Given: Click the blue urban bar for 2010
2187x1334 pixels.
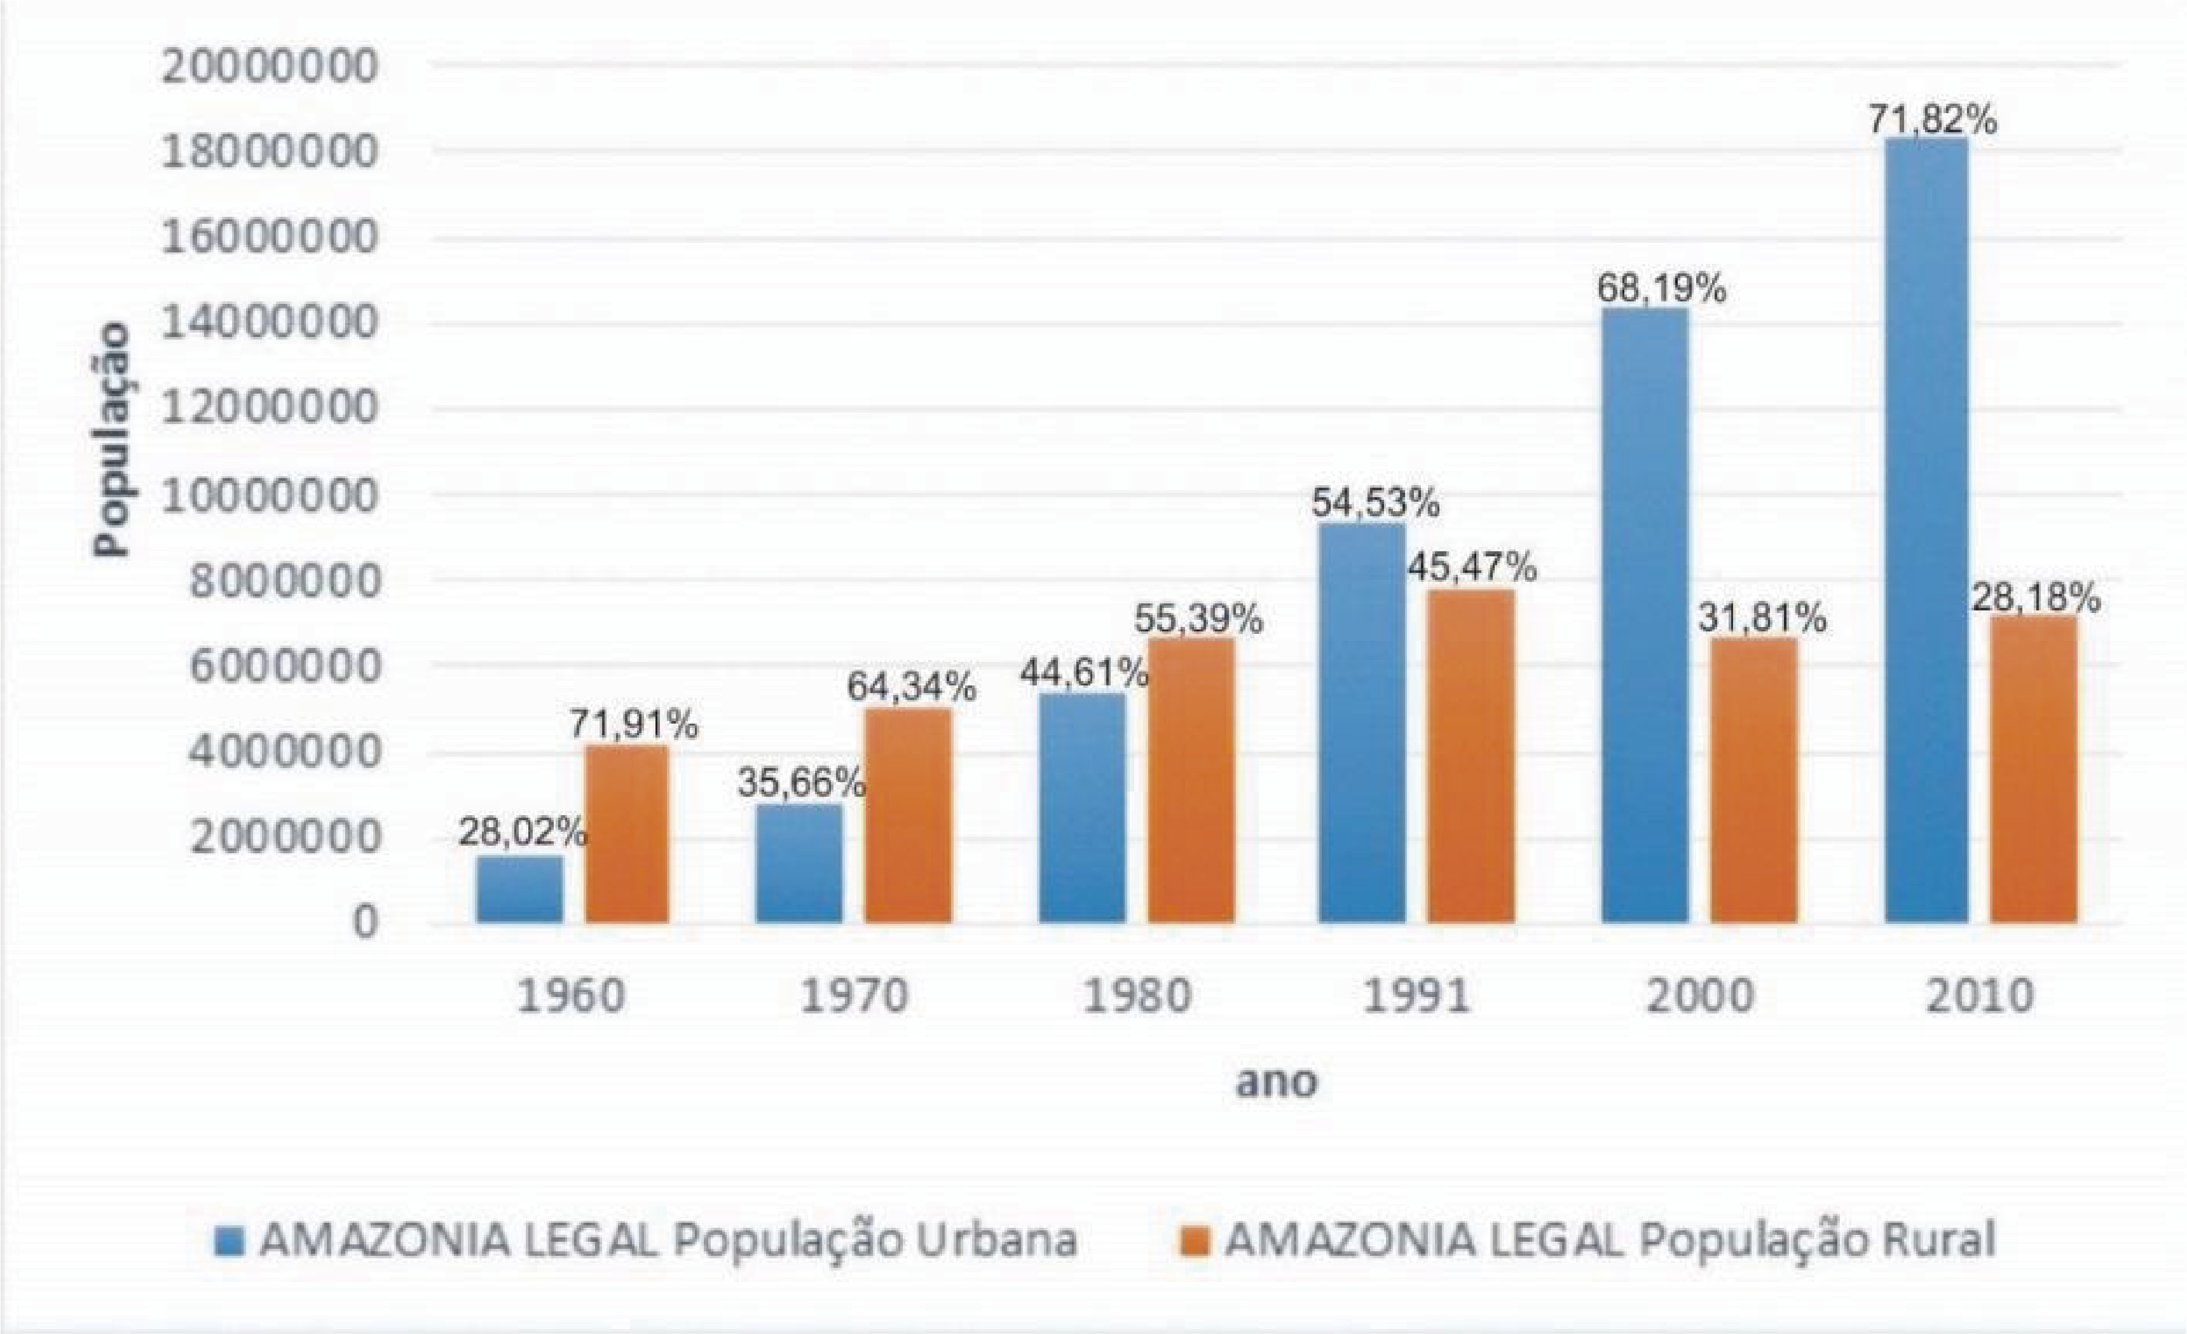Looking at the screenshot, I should click(1927, 533).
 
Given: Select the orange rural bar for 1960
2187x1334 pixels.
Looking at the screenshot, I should click(627, 834).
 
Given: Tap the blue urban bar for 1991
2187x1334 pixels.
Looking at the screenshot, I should click(1362, 724).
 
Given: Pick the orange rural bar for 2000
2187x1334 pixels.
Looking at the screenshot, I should click(1754, 781).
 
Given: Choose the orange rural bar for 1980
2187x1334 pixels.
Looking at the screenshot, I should click(1191, 781).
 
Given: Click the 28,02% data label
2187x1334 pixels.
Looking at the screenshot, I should click(522, 832).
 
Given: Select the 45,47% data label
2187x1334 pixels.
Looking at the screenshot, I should click(1472, 567).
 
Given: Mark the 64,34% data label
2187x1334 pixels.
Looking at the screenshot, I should click(910, 686).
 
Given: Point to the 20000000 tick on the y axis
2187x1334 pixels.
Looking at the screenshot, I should click(270, 67).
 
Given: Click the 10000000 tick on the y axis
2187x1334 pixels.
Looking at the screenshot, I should click(270, 495).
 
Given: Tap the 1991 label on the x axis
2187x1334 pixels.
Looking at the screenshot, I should click(1416, 996).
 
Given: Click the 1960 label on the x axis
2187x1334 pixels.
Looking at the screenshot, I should click(571, 996).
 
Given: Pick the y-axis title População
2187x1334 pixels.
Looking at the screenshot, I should click(114, 439).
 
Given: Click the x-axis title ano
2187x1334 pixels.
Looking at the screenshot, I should click(1277, 1082).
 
